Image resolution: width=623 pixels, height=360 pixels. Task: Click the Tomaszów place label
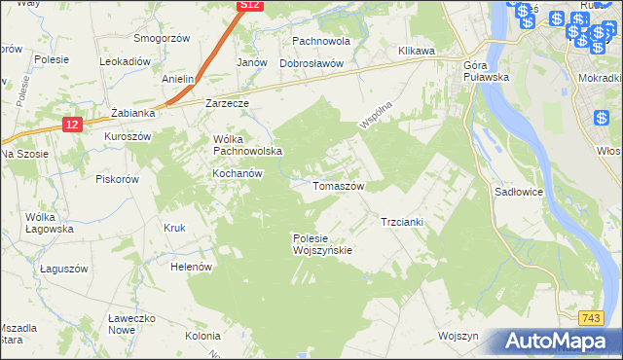[x=338, y=186]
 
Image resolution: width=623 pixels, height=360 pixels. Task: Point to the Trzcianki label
[x=401, y=222]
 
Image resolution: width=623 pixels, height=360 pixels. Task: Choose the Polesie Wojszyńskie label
[x=322, y=244]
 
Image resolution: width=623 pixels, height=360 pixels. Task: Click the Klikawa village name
[x=415, y=51]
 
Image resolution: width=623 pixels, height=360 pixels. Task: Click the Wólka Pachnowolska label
[x=247, y=145]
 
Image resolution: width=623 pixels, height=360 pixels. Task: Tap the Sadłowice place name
[x=519, y=193]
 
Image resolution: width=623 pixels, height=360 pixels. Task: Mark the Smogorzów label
[x=162, y=39]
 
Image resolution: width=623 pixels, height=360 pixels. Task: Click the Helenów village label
[x=191, y=266]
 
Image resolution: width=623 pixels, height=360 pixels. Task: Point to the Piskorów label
[x=118, y=179]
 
